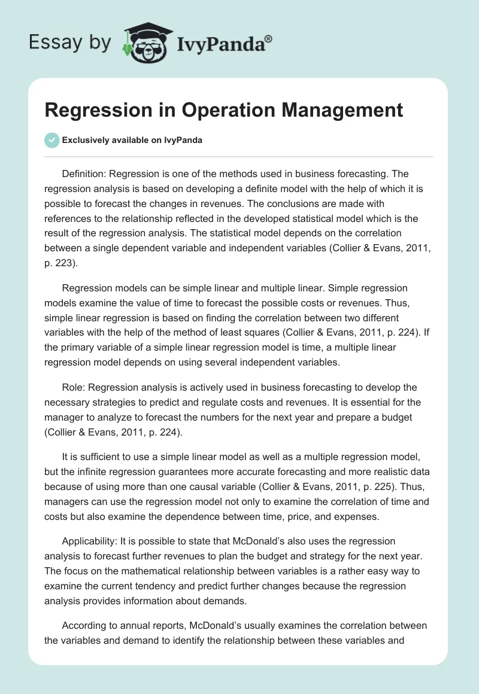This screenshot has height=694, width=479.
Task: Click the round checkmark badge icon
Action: pyautogui.click(x=51, y=140)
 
